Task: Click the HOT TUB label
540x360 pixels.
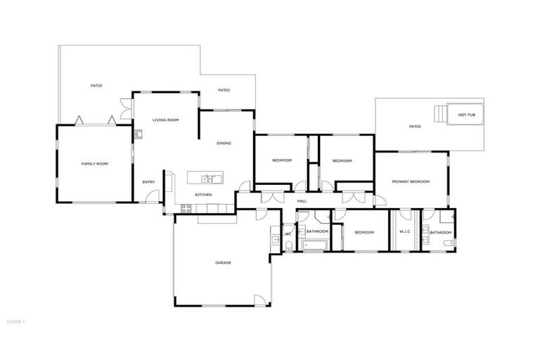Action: pos(466,115)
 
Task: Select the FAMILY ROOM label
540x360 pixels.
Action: pos(95,164)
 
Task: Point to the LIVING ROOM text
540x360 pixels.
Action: pos(166,120)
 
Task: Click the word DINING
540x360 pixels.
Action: pos(224,143)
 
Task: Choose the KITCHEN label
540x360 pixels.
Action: pos(203,195)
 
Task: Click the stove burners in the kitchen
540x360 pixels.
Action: pos(186,208)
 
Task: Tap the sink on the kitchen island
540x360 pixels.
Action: pos(208,179)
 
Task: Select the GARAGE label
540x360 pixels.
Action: pos(224,263)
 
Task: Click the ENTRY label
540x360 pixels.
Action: pos(148,183)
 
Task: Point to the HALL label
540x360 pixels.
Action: pos(302,201)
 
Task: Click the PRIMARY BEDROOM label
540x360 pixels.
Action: pos(411,181)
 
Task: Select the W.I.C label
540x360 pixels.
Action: pos(404,233)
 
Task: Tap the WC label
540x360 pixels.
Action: pos(288,234)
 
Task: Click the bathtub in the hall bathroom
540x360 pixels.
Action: pos(314,245)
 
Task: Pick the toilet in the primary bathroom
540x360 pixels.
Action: pos(448,244)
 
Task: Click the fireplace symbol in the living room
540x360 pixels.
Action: pos(139,133)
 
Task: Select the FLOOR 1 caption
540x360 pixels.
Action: pos(15,322)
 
